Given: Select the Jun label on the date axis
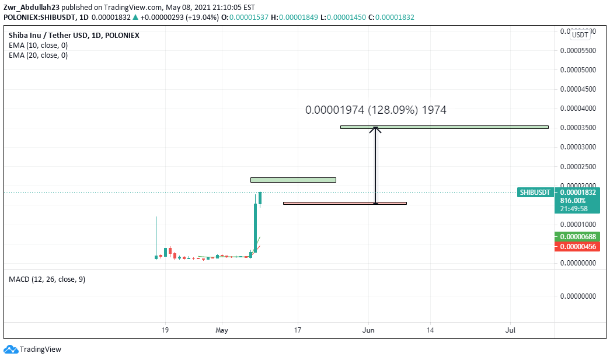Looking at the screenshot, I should click(368, 330).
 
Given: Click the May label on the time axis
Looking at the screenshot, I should click(222, 330).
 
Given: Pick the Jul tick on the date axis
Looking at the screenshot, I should click(510, 330).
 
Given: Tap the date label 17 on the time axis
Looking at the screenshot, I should click(298, 330).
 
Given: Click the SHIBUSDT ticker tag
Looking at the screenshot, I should click(535, 192).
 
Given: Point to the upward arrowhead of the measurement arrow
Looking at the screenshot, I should click(376, 129).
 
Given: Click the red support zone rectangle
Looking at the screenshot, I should click(344, 203).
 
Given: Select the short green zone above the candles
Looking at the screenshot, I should click(293, 180).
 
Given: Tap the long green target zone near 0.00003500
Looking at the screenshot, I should click(444, 127).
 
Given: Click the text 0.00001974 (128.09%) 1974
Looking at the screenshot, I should click(375, 110).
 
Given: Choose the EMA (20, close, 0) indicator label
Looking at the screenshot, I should click(38, 55).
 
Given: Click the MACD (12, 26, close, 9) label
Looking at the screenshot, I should click(47, 279).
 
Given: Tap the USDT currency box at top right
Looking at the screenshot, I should click(580, 35).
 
